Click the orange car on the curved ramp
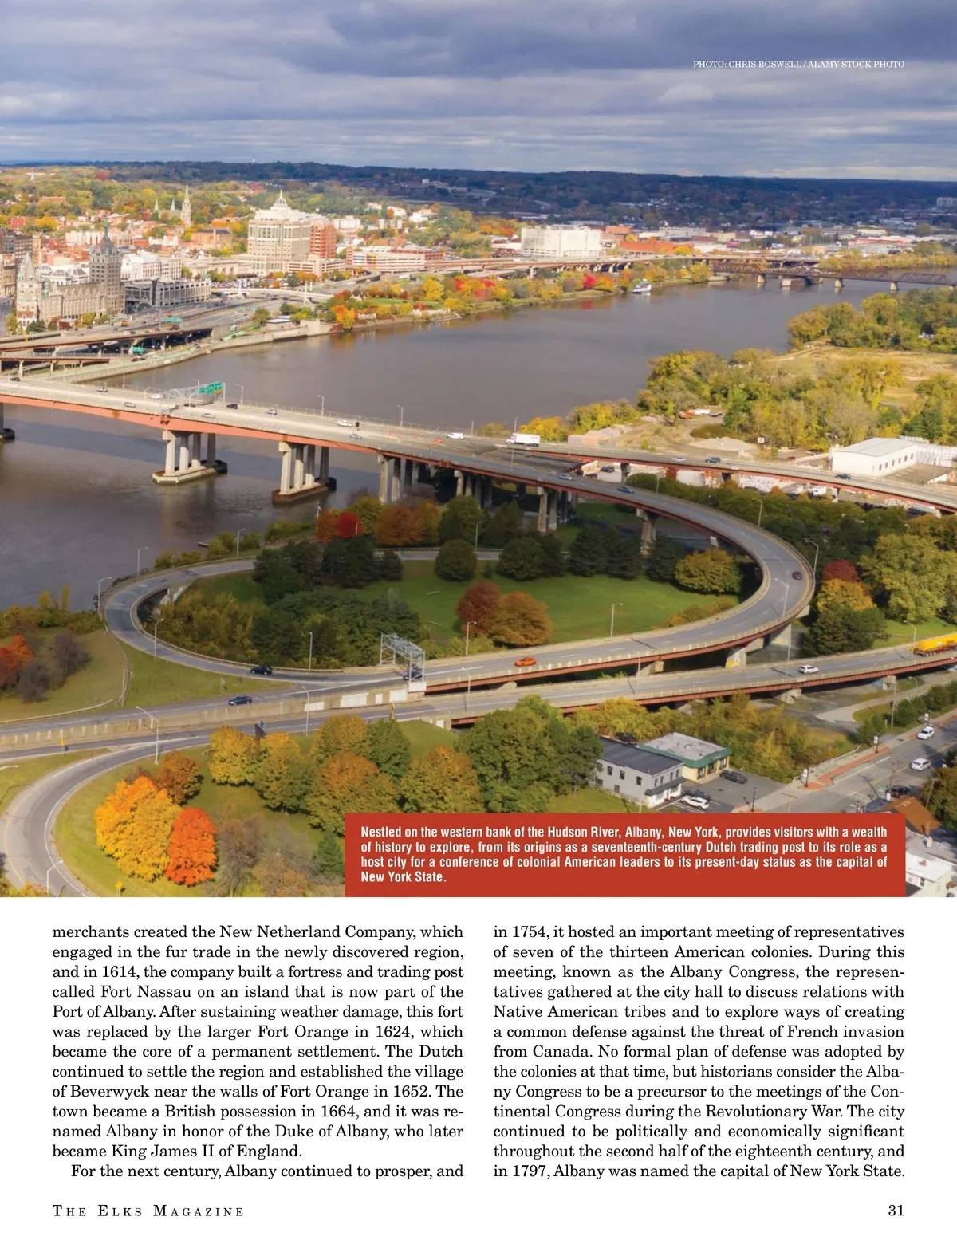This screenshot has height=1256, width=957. click(524, 661)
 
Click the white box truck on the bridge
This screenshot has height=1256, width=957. click(523, 439)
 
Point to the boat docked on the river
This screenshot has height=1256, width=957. click(641, 286)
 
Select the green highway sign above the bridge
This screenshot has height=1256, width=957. click(211, 388)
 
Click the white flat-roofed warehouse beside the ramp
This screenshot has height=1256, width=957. click(872, 456)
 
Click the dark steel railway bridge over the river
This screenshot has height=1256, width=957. click(837, 276)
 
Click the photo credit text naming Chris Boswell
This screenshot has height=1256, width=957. click(798, 64)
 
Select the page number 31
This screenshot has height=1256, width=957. click(896, 1211)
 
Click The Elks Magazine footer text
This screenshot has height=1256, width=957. click(148, 1211)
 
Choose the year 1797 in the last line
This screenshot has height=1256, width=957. click(530, 1171)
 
